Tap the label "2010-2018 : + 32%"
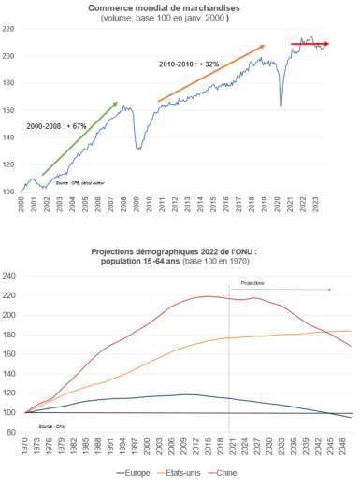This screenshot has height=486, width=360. coord(190,64)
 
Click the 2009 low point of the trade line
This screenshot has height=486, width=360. coord(138,148)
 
